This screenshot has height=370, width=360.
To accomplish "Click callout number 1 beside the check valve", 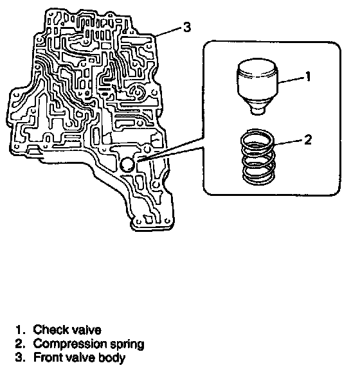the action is (308, 77).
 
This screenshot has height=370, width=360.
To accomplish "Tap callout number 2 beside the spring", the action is (308, 139).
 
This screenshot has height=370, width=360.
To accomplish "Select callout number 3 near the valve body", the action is (187, 27).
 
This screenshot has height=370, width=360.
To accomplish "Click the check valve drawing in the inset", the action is (257, 86).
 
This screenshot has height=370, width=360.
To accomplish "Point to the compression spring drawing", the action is (258, 157).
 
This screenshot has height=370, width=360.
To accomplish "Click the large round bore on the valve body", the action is (127, 164).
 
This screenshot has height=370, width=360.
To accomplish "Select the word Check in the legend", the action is (51, 330).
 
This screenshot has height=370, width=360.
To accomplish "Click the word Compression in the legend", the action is (70, 344).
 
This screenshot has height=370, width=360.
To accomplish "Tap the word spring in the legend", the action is (127, 344).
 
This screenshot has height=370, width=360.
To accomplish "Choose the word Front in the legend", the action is (47, 357).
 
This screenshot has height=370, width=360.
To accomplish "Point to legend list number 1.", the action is (20, 330).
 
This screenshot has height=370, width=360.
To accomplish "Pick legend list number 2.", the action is (20, 344).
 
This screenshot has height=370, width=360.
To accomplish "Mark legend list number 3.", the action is (20, 357).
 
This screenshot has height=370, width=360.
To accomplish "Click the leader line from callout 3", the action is (169, 32).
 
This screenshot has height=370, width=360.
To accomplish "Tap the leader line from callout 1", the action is (291, 80).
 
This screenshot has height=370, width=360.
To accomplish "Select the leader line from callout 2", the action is (288, 142).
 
